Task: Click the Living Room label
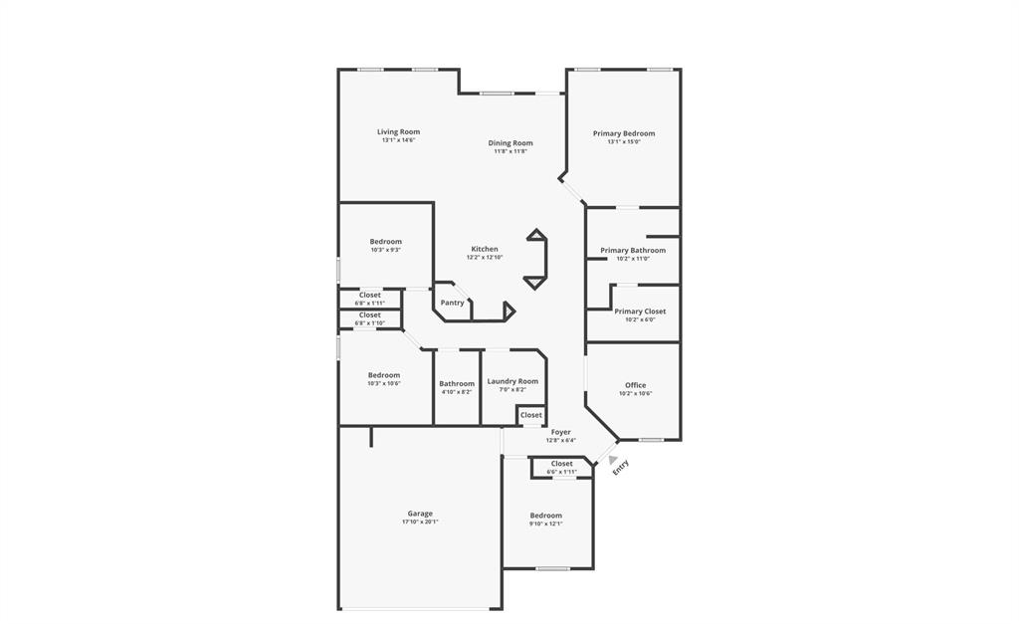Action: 398,131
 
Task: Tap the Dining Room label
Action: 509,143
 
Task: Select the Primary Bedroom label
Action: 624,133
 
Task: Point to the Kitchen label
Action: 485,249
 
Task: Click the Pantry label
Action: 452,303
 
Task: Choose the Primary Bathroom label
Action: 632,250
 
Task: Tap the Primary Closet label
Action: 640,312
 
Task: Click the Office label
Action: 635,385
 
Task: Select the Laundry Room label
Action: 512,381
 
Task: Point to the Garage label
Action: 420,514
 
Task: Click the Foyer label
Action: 561,432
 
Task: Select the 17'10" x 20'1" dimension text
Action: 420,521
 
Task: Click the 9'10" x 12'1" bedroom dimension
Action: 545,523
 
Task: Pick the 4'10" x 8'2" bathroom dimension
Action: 457,391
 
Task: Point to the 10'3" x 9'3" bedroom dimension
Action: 385,250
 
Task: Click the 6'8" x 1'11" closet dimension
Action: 369,303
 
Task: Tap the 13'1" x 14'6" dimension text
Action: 398,140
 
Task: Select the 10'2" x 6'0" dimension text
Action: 640,319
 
